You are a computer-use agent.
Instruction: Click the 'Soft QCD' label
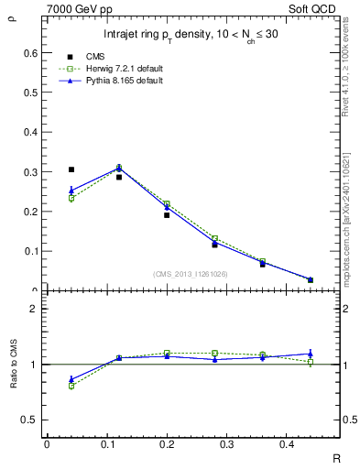point(315,8)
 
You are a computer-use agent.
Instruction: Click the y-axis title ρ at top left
point(12,14)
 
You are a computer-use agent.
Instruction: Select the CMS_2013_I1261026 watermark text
point(191,274)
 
